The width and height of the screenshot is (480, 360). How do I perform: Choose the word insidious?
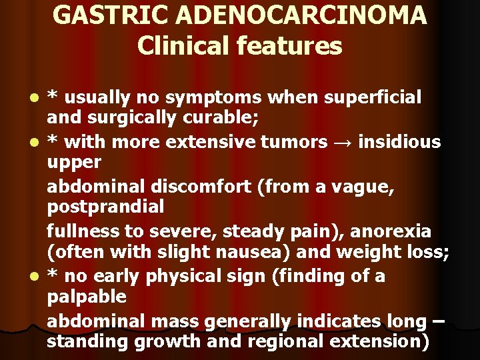click(x=399, y=143)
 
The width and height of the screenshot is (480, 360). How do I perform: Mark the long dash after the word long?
click(x=438, y=321)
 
